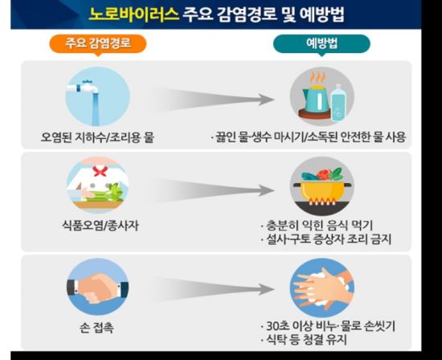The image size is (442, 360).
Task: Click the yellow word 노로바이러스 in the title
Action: click(x=134, y=14)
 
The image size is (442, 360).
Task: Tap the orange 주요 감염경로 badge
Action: click(x=98, y=43)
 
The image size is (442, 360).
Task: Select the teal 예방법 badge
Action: click(x=321, y=43)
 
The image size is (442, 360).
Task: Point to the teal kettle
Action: click(x=316, y=96)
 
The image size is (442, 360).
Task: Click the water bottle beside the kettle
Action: click(x=338, y=103)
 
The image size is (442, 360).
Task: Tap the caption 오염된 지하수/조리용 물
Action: click(x=97, y=137)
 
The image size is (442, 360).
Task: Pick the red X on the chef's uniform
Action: click(x=100, y=171)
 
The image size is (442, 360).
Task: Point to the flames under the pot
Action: click(x=322, y=201)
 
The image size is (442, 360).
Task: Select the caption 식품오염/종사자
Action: click(x=100, y=226)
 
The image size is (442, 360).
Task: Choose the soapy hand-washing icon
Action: click(x=322, y=288)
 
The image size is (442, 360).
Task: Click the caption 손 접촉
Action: click(x=96, y=328)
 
